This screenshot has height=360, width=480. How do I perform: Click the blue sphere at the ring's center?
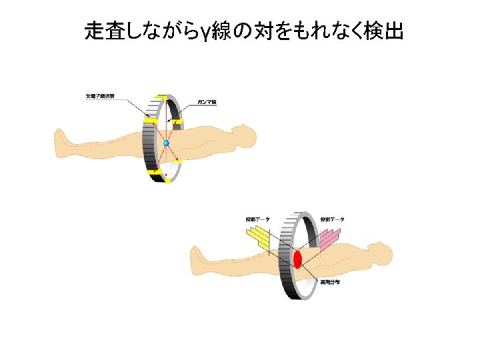(x=166, y=143)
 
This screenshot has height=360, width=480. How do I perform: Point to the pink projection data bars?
(x=331, y=236)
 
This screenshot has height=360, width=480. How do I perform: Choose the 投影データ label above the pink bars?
(x=331, y=219)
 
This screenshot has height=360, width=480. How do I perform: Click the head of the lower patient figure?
(x=380, y=253)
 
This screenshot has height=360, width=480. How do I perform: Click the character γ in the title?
(x=207, y=31)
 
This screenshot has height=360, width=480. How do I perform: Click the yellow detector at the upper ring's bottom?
(x=159, y=175)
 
